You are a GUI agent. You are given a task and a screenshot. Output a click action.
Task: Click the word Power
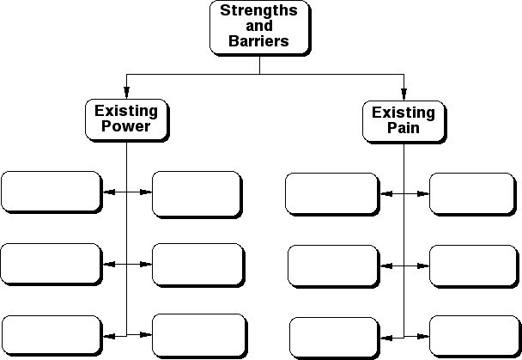pyautogui.click(x=126, y=127)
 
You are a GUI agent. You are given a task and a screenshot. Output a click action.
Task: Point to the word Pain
pyautogui.click(x=404, y=128)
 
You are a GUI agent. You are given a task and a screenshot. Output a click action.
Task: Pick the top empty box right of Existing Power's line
pyautogui.click(x=197, y=193)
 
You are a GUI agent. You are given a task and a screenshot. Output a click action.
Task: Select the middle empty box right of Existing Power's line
pyautogui.click(x=197, y=264)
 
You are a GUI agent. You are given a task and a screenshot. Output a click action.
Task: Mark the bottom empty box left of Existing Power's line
pyautogui.click(x=52, y=335)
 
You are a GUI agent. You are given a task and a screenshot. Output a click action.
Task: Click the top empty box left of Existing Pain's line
pyautogui.click(x=331, y=193)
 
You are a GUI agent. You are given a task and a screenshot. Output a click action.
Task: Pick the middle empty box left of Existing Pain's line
pyautogui.click(x=332, y=265)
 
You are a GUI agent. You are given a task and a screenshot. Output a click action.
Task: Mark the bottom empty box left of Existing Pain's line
pyautogui.click(x=333, y=337)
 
